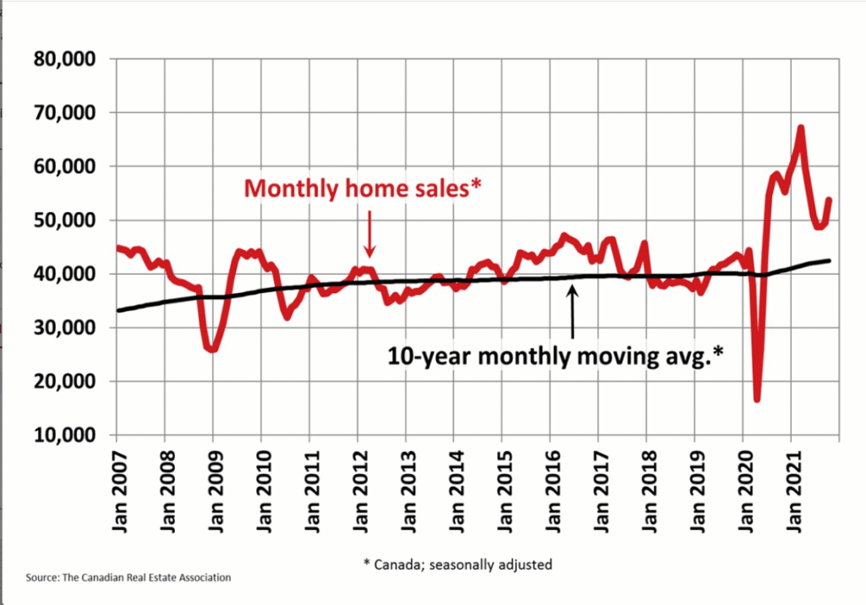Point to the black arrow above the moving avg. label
(573, 313)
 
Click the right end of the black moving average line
(829, 260)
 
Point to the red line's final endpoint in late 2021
(830, 200)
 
